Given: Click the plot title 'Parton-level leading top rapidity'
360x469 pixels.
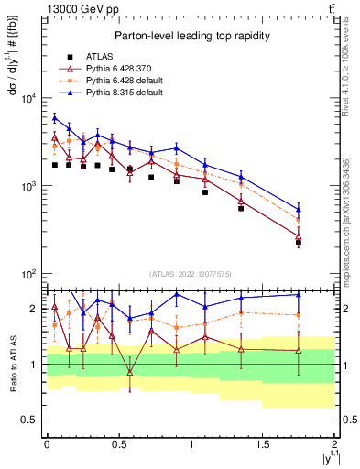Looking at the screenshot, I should point(191,35).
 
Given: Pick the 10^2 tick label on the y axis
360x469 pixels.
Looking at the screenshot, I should point(27,274).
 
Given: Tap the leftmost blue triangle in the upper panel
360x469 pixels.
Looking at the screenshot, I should point(55,117).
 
